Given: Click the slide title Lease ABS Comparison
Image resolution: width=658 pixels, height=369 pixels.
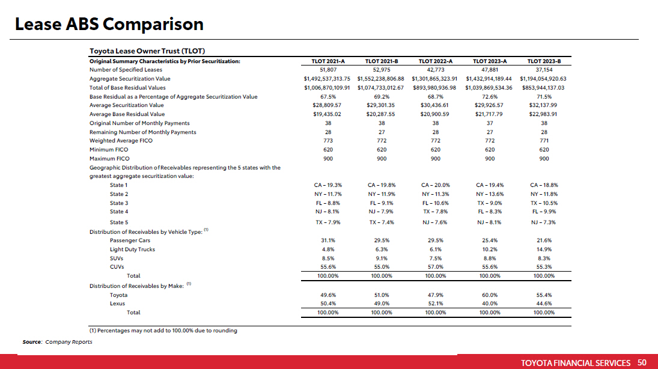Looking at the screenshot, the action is pyautogui.click(x=109, y=25).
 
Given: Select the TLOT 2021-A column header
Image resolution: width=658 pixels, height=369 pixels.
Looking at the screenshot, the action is pyautogui.click(x=327, y=61).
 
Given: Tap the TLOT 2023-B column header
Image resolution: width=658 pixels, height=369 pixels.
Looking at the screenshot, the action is pyautogui.click(x=544, y=61).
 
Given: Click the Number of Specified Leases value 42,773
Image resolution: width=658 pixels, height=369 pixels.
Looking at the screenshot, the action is pyautogui.click(x=436, y=70).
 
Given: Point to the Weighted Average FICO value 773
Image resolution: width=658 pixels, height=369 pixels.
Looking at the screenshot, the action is pyautogui.click(x=327, y=141).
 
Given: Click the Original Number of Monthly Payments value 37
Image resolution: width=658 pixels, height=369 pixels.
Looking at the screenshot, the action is pyautogui.click(x=490, y=123).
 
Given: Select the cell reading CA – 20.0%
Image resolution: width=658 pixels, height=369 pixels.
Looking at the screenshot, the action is pyautogui.click(x=436, y=185).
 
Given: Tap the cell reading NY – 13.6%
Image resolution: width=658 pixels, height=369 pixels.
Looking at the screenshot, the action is pyautogui.click(x=490, y=194).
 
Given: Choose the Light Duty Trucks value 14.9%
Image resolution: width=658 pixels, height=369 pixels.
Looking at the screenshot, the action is pyautogui.click(x=544, y=249).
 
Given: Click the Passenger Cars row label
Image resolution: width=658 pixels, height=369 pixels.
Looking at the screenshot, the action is pyautogui.click(x=130, y=240).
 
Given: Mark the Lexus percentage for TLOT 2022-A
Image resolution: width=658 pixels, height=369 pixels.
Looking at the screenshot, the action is pyautogui.click(x=436, y=303).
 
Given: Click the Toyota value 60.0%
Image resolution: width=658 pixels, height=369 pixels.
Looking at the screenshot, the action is pyautogui.click(x=490, y=295).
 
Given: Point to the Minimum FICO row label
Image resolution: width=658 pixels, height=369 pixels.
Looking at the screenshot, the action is pyautogui.click(x=109, y=150).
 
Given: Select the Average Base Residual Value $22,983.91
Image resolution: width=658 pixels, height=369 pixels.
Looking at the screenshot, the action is pyautogui.click(x=543, y=114).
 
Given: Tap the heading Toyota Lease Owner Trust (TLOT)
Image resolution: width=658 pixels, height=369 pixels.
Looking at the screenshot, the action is pyautogui.click(x=147, y=51).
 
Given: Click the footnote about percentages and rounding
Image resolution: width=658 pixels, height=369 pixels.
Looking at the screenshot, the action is pyautogui.click(x=163, y=331).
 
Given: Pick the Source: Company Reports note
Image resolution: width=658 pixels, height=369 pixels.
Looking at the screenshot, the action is pyautogui.click(x=58, y=342).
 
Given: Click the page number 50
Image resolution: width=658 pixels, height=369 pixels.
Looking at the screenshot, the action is pyautogui.click(x=642, y=363).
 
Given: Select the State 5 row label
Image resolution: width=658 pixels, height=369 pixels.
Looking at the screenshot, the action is pyautogui.click(x=119, y=222).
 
